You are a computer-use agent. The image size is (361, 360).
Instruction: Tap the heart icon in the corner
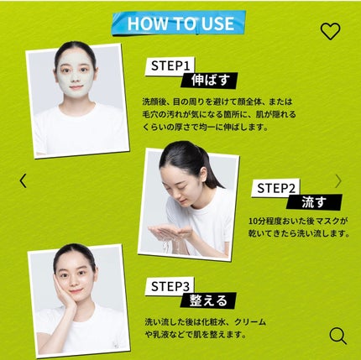331,31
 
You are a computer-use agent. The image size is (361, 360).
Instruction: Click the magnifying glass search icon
337,336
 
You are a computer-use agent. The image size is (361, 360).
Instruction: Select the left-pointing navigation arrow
23,180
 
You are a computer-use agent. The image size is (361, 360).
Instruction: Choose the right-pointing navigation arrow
337,180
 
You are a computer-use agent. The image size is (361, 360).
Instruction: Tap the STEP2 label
275,187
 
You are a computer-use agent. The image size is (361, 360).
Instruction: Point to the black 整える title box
205,300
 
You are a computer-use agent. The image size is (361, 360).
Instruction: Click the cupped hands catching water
172,232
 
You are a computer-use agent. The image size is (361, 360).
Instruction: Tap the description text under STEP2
298,227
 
